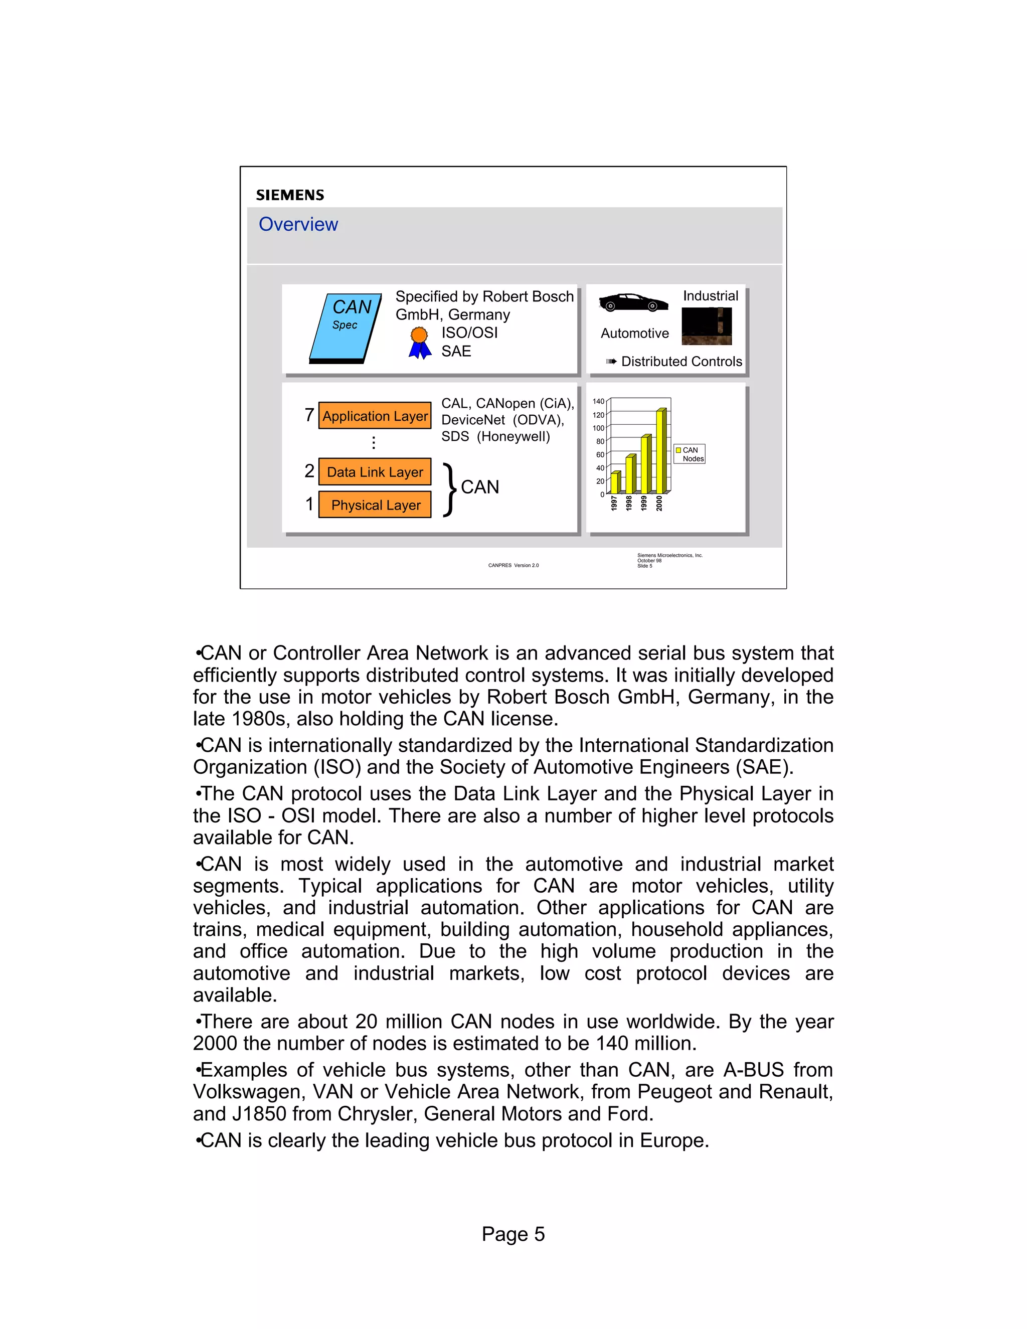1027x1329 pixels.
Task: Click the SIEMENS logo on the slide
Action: [290, 195]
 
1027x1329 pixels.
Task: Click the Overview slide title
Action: [298, 224]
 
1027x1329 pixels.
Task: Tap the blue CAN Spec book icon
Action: [345, 328]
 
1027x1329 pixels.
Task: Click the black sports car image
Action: [633, 302]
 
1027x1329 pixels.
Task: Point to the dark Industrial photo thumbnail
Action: [707, 326]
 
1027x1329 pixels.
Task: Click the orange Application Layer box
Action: [375, 416]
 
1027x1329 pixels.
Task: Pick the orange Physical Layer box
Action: [375, 505]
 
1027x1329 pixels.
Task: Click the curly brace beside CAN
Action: [450, 489]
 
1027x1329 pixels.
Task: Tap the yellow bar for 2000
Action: [660, 451]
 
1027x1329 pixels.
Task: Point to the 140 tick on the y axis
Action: [598, 402]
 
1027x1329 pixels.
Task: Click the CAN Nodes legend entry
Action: [690, 454]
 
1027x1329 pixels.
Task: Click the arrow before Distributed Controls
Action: [611, 362]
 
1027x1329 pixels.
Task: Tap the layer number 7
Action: [309, 415]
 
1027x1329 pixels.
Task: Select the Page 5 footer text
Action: [513, 1234]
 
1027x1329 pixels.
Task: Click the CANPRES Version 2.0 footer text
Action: [513, 565]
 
